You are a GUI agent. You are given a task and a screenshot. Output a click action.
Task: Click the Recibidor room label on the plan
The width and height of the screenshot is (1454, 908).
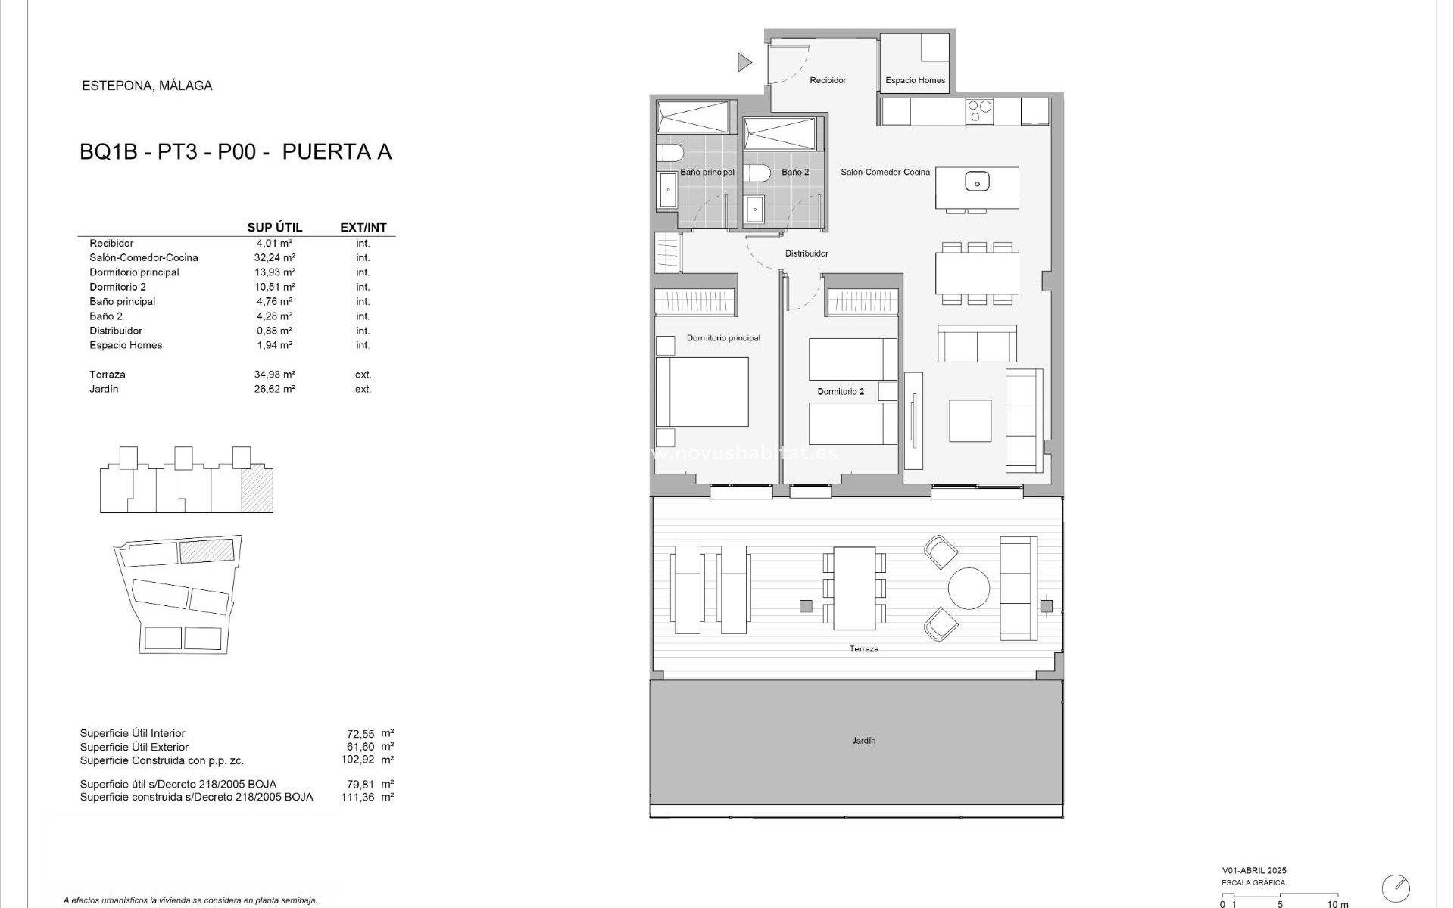click(x=827, y=80)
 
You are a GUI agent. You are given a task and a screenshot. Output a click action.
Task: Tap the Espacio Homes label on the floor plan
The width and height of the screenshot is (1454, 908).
click(x=915, y=80)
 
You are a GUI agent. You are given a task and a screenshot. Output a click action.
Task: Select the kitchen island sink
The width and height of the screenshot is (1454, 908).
click(x=977, y=182)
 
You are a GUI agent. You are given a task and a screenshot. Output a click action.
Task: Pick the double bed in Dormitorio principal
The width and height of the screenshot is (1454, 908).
click(x=702, y=391)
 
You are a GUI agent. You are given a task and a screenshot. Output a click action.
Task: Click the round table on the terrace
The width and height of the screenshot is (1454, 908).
click(x=969, y=588)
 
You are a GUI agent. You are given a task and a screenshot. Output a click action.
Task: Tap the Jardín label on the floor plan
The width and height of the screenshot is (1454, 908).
click(x=863, y=741)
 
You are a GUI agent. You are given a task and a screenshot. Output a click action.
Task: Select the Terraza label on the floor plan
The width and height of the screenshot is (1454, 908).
click(x=863, y=649)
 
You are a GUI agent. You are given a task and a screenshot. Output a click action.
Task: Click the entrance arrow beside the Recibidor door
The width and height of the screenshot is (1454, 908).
click(x=744, y=62)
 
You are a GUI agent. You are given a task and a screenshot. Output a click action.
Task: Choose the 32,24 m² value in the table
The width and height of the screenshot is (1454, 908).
click(x=274, y=257)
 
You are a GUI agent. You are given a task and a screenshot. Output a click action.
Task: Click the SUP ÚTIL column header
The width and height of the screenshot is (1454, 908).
click(x=274, y=228)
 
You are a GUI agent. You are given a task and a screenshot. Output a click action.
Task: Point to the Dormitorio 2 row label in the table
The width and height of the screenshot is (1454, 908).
click(x=117, y=287)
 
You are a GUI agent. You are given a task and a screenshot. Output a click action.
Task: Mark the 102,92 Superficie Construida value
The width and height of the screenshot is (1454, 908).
click(x=357, y=760)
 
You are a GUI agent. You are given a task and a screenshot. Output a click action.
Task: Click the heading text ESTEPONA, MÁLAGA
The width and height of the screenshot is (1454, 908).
click(x=147, y=86)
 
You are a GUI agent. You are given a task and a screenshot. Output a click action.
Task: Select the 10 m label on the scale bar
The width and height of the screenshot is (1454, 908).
click(x=1337, y=903)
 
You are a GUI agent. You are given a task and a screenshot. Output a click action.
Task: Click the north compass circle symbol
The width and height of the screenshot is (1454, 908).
click(x=1396, y=888)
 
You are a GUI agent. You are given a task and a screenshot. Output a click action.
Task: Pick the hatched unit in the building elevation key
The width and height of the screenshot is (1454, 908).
click(x=257, y=490)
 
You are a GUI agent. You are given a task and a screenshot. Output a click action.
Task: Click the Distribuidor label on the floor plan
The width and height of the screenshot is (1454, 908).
click(x=807, y=253)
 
